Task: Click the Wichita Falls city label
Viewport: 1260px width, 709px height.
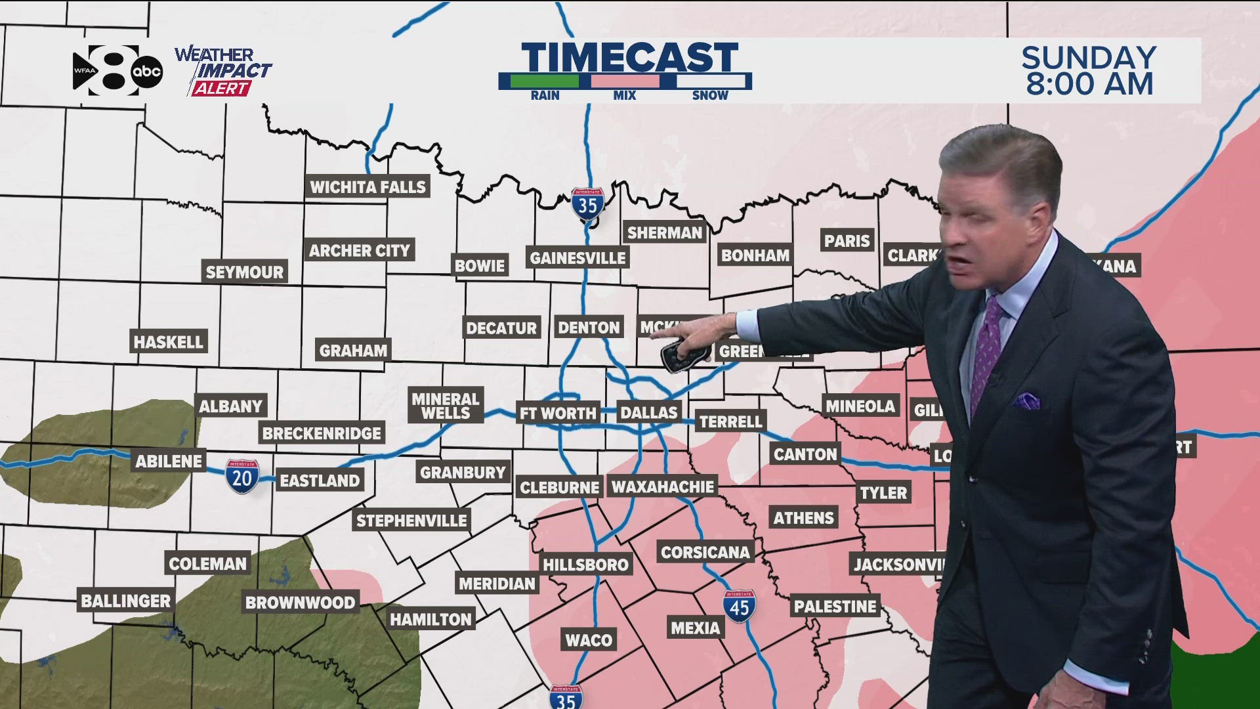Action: pyautogui.click(x=367, y=187)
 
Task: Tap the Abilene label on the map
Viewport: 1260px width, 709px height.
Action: pyautogui.click(x=169, y=461)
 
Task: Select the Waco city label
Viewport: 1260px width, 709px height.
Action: pyautogui.click(x=589, y=640)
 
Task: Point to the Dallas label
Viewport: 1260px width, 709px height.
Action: pyautogui.click(x=648, y=412)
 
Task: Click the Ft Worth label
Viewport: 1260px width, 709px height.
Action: pyautogui.click(x=558, y=413)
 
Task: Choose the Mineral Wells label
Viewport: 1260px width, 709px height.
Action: pyautogui.click(x=446, y=406)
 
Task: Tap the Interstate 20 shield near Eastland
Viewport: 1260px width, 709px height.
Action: pyautogui.click(x=242, y=476)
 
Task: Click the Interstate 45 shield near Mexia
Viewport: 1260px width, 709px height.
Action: pyautogui.click(x=739, y=606)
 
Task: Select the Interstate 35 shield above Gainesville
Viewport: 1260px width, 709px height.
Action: pyautogui.click(x=587, y=204)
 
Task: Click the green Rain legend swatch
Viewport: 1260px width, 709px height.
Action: pyautogui.click(x=545, y=81)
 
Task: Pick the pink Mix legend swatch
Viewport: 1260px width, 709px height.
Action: pyautogui.click(x=625, y=81)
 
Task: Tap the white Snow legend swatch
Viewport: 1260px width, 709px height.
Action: pyautogui.click(x=711, y=81)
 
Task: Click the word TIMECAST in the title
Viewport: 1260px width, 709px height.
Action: pyautogui.click(x=630, y=57)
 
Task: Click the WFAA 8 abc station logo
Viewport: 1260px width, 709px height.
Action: pyautogui.click(x=117, y=71)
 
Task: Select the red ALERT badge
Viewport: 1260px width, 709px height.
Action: pyautogui.click(x=221, y=89)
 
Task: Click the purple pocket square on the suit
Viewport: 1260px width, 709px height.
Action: pyautogui.click(x=1026, y=400)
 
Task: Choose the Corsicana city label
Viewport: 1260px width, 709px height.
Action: pyautogui.click(x=705, y=552)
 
